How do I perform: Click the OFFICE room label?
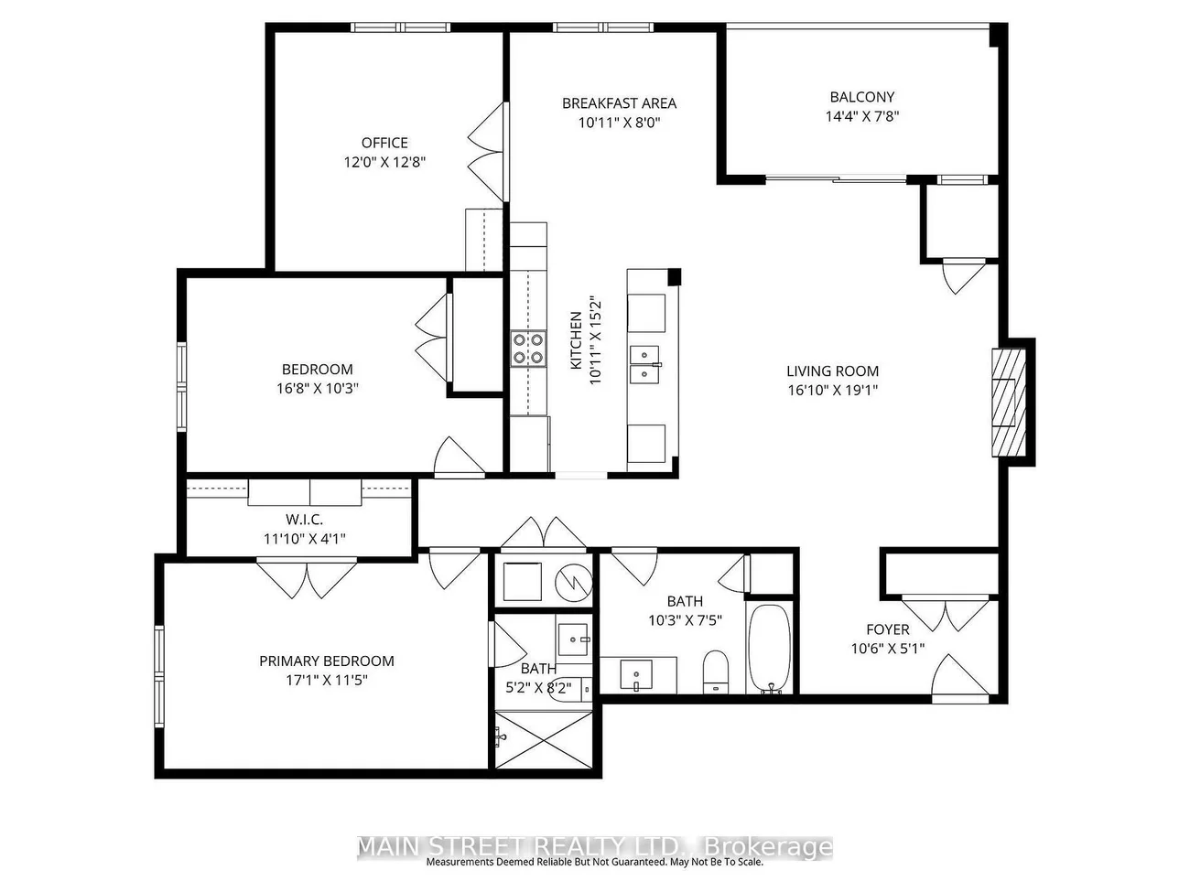click(384, 143)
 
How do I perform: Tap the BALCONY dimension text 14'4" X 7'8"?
click(862, 116)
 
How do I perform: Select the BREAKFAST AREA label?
click(619, 103)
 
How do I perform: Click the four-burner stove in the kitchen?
click(528, 349)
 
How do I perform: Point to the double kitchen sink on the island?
click(644, 364)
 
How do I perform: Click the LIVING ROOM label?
click(833, 371)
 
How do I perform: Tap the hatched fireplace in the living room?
click(1009, 403)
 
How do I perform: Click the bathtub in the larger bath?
click(769, 649)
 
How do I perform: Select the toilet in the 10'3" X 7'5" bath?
click(716, 672)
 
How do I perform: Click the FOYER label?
click(888, 629)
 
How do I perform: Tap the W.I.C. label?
click(304, 520)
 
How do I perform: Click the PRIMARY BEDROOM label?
click(327, 661)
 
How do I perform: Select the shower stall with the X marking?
click(543, 739)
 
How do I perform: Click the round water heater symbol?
click(573, 582)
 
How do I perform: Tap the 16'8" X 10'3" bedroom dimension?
click(318, 388)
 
